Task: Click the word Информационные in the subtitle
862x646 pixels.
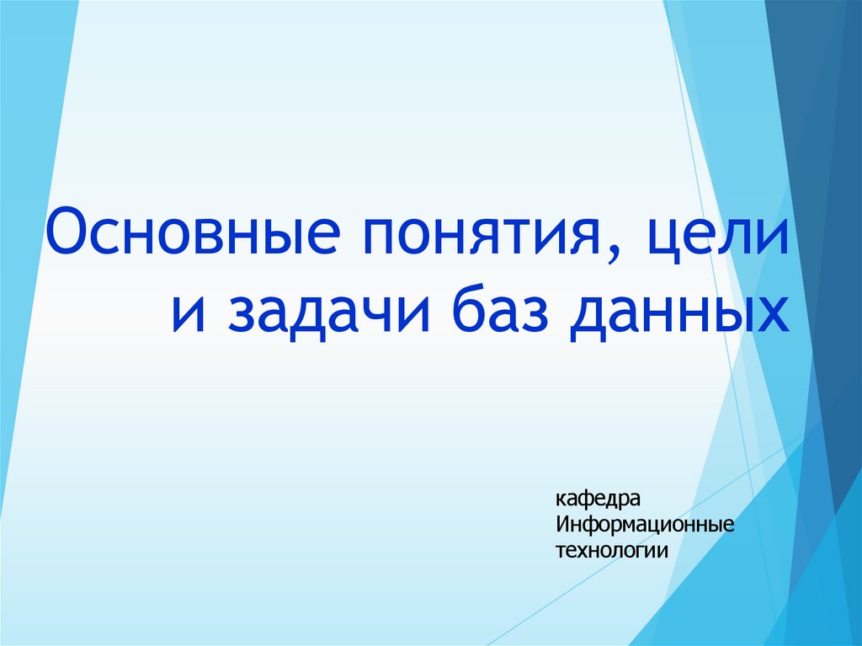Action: [645, 526]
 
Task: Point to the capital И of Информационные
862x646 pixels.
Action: [562, 526]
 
